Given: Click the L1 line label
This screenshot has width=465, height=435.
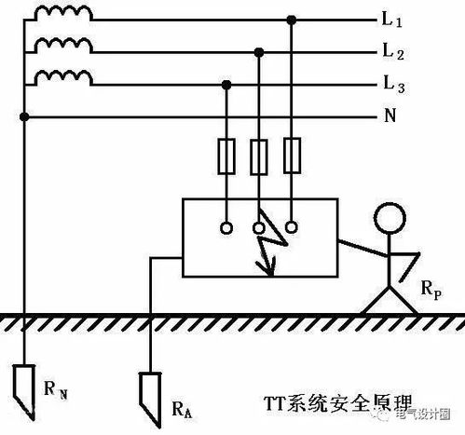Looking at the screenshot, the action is [x=392, y=20].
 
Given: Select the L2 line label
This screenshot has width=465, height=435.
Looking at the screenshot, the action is [x=393, y=52].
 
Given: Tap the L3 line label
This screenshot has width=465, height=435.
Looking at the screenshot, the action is [x=394, y=85].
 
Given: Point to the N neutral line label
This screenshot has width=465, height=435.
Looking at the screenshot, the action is [x=390, y=116].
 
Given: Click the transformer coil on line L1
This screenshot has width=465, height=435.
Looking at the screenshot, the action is [x=63, y=14].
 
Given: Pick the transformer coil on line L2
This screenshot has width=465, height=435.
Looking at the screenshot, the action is [x=63, y=46].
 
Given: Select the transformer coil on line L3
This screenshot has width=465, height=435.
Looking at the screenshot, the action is [x=63, y=77].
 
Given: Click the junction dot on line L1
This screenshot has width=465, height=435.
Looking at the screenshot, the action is [x=291, y=20].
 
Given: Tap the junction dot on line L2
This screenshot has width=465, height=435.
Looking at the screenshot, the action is [x=259, y=52].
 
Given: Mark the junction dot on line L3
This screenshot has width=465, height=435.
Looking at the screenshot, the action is [x=226, y=85].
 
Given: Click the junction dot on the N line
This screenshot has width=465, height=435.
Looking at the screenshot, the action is [x=24, y=117].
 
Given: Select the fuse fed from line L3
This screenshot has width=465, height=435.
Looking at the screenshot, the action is [x=226, y=156].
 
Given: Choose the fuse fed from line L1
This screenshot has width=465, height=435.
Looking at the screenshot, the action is [x=292, y=155].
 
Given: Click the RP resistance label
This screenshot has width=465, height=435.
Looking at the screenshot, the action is [x=431, y=290].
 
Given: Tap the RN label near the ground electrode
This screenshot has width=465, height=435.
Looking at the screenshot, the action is [x=56, y=390].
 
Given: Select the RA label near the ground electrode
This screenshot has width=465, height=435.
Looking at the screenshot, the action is [x=182, y=410].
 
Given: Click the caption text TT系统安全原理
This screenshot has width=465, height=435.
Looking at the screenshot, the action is [x=337, y=402].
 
